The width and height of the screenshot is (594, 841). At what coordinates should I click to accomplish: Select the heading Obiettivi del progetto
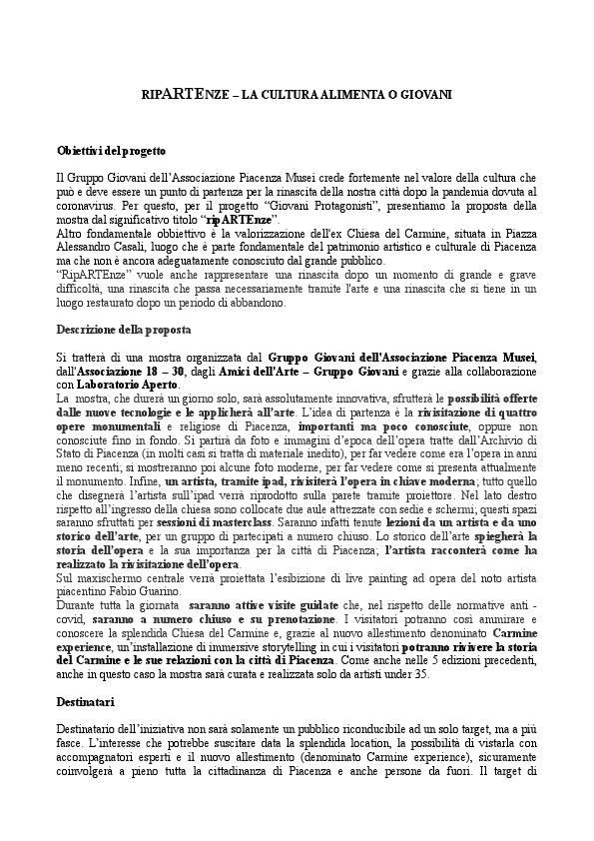tap(111, 150)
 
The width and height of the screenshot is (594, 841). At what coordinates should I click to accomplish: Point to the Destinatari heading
tap(86, 702)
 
